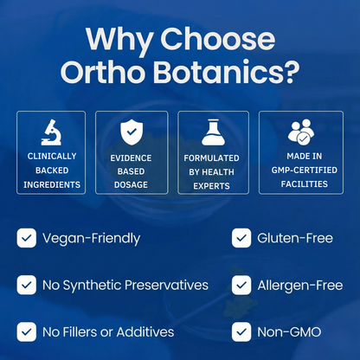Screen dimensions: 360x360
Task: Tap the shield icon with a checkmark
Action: (132, 132)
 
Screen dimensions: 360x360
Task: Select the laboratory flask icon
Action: (213, 131)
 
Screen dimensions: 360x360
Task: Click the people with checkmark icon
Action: (300, 131)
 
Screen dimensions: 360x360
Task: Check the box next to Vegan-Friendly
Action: (27, 238)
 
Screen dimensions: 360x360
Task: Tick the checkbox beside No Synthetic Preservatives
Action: (27, 285)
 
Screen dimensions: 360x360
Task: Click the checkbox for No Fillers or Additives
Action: (27, 331)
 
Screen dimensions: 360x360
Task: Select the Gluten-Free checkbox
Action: (241, 238)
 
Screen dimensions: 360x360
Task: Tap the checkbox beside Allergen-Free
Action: (241, 285)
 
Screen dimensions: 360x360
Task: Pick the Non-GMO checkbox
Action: (241, 331)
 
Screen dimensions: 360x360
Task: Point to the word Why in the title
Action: (124, 38)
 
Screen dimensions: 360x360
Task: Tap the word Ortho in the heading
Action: (105, 69)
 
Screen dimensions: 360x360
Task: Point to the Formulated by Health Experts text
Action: (213, 172)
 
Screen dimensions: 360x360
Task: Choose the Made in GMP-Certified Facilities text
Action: (300, 171)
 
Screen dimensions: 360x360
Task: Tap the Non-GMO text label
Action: (286, 331)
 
